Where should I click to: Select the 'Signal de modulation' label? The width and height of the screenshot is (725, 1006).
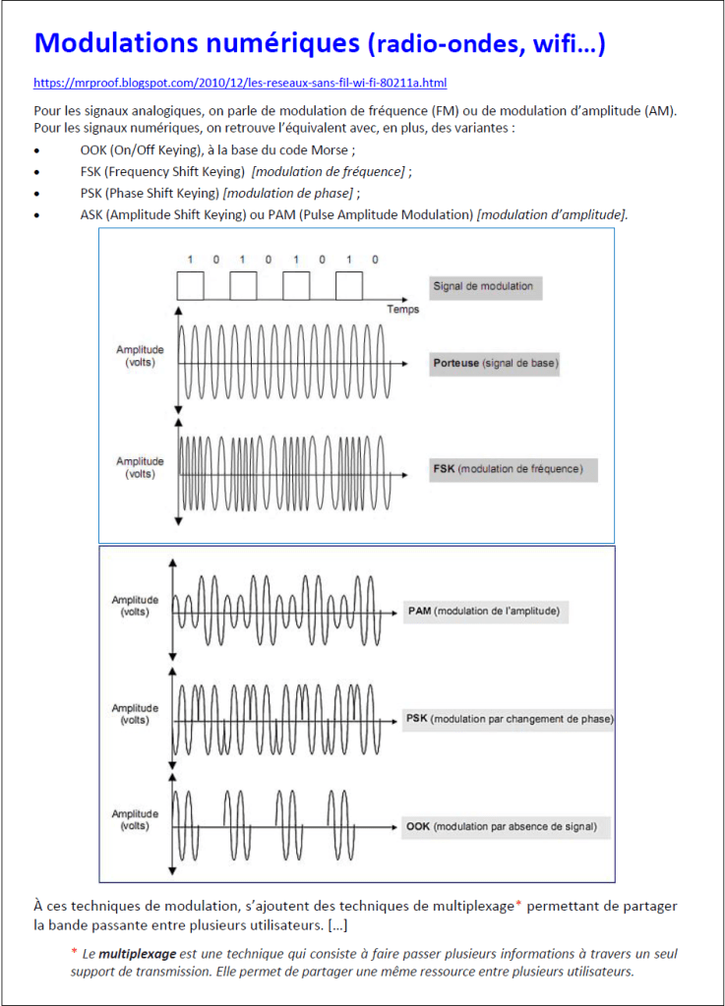tap(483, 286)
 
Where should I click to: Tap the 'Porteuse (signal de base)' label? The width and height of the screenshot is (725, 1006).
tap(495, 363)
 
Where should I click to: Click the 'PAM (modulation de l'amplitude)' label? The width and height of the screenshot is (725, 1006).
tap(483, 611)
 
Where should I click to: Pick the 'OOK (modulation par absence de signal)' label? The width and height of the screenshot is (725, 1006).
tap(501, 826)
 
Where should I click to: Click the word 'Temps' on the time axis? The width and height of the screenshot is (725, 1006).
tap(402, 310)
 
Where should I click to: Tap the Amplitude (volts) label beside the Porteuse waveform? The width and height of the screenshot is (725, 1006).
tap(140, 356)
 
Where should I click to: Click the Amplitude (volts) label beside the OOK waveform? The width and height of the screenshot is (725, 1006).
tap(135, 820)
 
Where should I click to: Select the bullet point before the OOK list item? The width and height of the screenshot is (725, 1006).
tap(37, 150)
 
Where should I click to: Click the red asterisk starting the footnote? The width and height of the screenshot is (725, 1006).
tap(74, 952)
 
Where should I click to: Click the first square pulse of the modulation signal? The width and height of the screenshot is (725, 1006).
tap(190, 285)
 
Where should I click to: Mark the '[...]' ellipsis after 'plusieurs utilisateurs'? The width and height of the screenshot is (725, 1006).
tap(333, 925)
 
